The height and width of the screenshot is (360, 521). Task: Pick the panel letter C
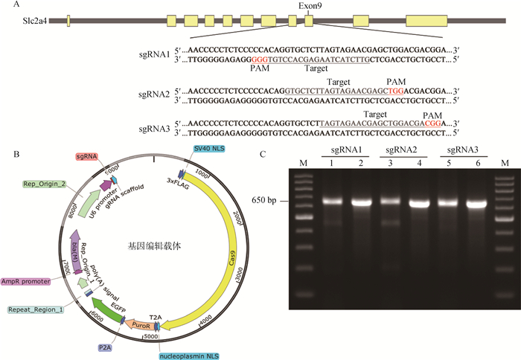click(266, 154)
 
